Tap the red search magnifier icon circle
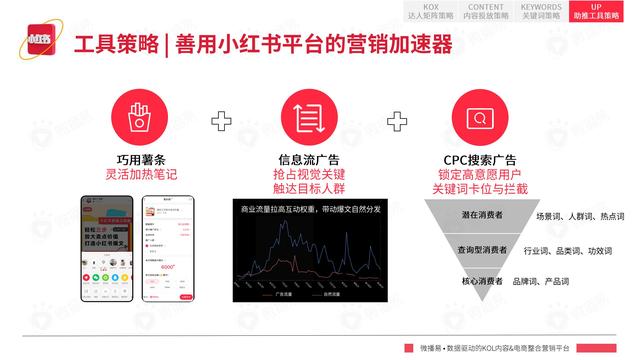(478, 116)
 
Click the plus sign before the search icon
(397, 121)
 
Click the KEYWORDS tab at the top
(540, 11)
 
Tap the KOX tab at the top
(425, 11)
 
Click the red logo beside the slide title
(39, 46)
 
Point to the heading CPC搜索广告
(478, 160)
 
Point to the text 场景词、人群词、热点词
(579, 216)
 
